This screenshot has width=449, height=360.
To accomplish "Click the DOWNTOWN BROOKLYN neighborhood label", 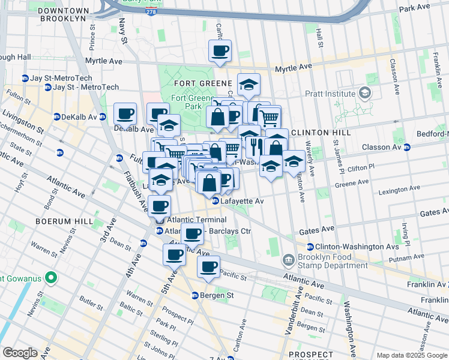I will pos(64,14).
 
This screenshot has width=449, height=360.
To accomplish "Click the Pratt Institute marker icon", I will pos(364,93).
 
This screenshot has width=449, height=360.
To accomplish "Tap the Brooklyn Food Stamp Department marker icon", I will pos(289,260).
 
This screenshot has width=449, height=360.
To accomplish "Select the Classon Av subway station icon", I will pos(407,147).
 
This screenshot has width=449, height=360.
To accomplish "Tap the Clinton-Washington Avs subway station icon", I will pos(310,247).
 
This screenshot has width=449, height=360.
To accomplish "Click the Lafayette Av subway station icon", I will pos(215,201).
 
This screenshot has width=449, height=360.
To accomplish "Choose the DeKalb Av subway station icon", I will pos(56,116).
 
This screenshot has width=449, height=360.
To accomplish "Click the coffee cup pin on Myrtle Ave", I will pos(220,51).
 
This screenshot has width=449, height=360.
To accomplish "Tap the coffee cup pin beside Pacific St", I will pos(208,267).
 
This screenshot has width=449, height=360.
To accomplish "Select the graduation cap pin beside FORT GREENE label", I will pos(248,85).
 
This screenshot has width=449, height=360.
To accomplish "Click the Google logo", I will pos(19,353).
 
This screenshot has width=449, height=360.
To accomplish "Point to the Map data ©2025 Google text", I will pos(412,355).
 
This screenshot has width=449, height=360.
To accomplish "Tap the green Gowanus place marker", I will pos(51,278).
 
